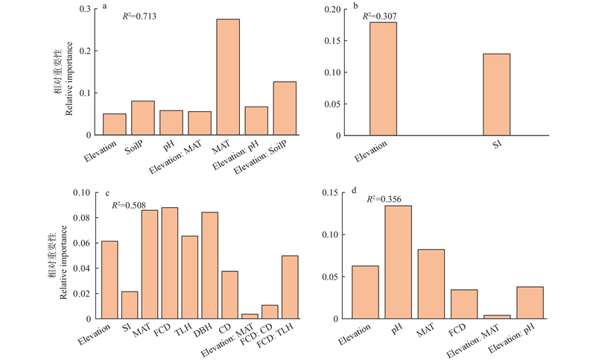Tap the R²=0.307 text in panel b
387,15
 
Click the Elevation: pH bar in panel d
530,303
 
